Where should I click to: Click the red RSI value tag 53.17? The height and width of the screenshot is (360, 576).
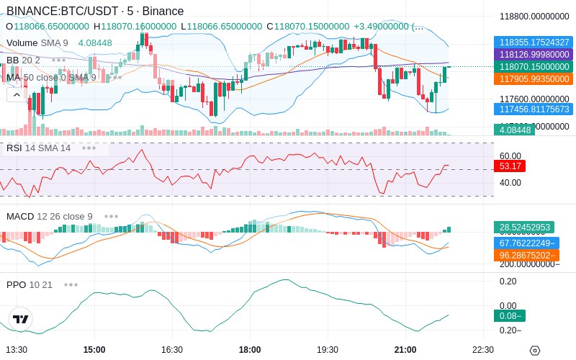pyautogui.click(x=510, y=166)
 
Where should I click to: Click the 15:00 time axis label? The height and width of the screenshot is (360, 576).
pyautogui.click(x=94, y=350)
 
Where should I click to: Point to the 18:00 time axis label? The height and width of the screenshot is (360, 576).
pyautogui.click(x=249, y=350)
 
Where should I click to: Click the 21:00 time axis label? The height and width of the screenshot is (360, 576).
pyautogui.click(x=405, y=350)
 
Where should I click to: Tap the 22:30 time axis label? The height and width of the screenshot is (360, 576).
pyautogui.click(x=482, y=350)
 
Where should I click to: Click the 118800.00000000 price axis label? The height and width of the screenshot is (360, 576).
pyautogui.click(x=535, y=16)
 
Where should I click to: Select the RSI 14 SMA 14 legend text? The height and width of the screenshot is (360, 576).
pyautogui.click(x=39, y=148)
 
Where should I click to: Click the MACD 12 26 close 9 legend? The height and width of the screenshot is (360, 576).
pyautogui.click(x=49, y=216)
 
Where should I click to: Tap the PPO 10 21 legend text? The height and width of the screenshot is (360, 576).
pyautogui.click(x=30, y=284)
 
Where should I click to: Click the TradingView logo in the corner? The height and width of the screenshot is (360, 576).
pyautogui.click(x=21, y=319)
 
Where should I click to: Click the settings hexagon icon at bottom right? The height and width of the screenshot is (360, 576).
pyautogui.click(x=534, y=351)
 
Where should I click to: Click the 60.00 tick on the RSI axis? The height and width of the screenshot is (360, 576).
pyautogui.click(x=510, y=156)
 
